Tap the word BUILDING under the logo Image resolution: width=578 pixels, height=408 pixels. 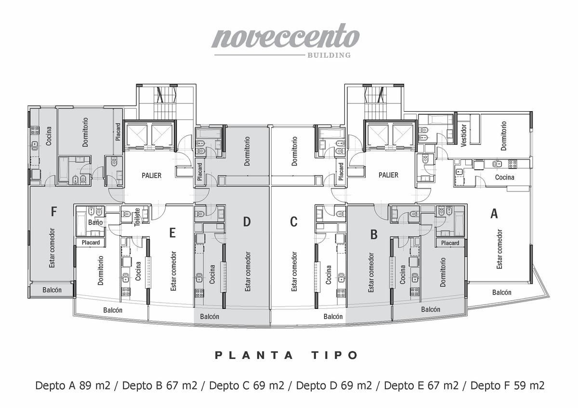tap(329, 55)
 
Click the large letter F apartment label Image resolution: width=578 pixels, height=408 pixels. tap(53, 212)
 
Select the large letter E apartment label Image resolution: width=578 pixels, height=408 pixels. tap(172, 233)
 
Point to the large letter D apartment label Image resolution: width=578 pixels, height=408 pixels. tap(247, 221)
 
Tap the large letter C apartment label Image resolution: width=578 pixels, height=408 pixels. tap(294, 221)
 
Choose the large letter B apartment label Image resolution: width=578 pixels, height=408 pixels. tap(374, 234)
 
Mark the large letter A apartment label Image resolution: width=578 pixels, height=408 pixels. tap(494, 214)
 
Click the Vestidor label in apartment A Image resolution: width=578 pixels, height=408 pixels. tap(464, 135)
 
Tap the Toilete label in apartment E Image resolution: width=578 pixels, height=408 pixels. tap(137, 217)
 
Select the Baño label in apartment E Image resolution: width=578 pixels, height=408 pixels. tap(95, 222)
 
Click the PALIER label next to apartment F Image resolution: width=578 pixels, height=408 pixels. tap(151, 176)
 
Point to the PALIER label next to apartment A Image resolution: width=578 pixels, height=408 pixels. tap(388, 175)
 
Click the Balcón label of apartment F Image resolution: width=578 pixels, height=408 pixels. tap(52, 290)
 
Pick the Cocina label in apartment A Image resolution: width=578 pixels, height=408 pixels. tap(505, 178)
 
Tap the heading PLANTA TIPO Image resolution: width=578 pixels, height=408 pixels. tap(287, 356)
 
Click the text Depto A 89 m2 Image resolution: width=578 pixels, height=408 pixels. tap(73, 386)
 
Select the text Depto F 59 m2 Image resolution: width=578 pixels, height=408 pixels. tap(507, 386)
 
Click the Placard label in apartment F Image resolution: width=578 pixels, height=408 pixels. tap(118, 132)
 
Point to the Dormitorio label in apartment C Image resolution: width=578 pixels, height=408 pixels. tap(294, 151)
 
